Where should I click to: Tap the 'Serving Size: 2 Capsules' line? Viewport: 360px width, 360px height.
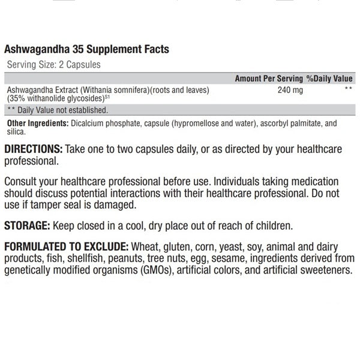coord(53,64)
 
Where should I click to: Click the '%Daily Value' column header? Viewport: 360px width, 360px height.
coord(329,79)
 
